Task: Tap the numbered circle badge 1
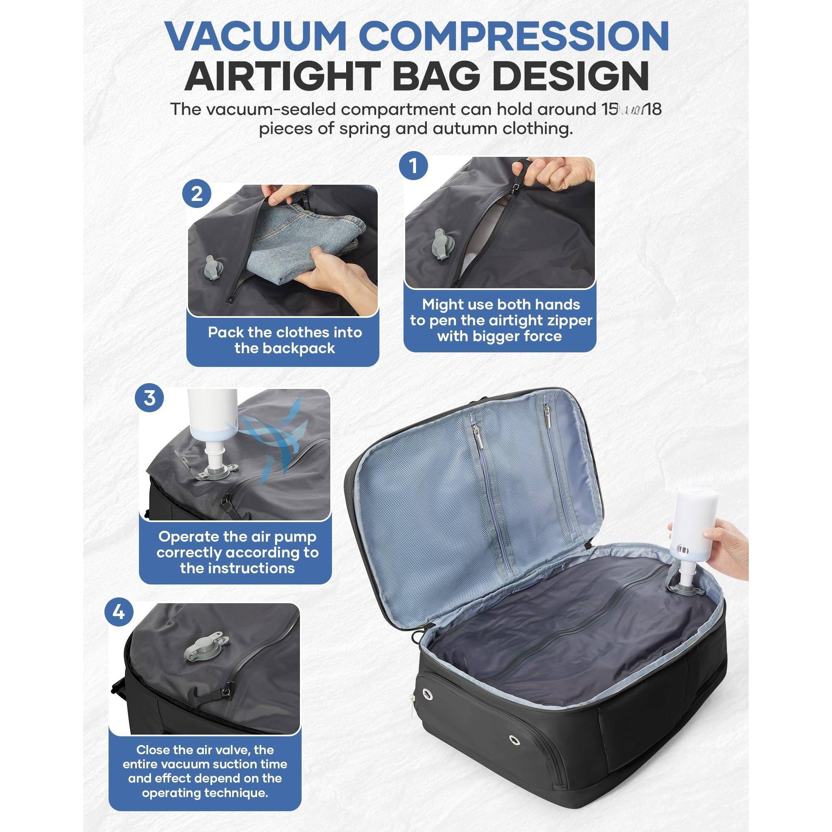pyautogui.click(x=414, y=166)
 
